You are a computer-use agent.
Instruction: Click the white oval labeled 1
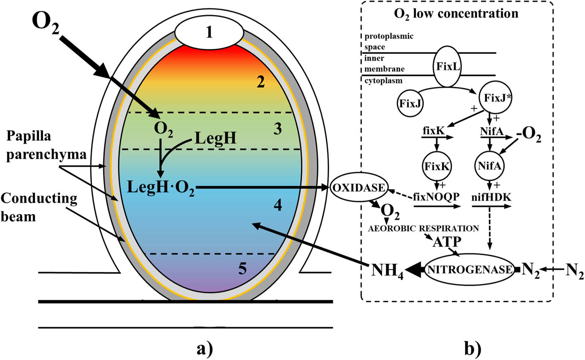209,32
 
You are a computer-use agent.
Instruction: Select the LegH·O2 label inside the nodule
163,188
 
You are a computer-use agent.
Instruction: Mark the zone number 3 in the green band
277,130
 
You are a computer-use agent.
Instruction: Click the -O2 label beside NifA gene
529,138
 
